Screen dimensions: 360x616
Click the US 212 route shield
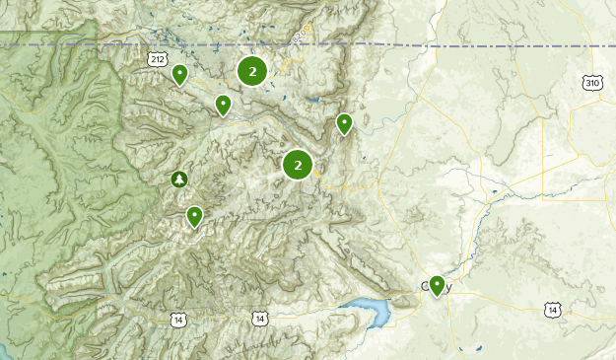pos(158,60)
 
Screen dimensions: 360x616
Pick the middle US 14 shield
pos(258,319)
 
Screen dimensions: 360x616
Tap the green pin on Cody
pos(437,286)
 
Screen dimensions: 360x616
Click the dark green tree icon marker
pos(178,179)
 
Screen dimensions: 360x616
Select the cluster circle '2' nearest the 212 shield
pos(252,71)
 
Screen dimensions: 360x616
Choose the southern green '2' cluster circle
pos(298,165)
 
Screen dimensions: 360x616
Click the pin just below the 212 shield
pos(179,74)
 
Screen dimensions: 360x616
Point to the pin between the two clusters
pos(224,104)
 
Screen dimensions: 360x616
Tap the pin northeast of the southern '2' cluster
pos(344,123)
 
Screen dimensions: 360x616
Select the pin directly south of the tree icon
pos(195,216)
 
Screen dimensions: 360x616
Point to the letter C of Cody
pos(425,287)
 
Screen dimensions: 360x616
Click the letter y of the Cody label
pos(448,288)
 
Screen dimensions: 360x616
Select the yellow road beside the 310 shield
pos(577,99)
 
